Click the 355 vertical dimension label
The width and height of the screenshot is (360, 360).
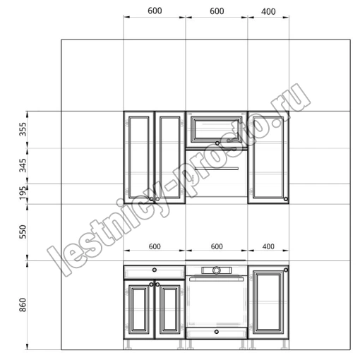(x=23, y=129)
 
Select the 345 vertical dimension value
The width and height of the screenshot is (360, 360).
(x=23, y=165)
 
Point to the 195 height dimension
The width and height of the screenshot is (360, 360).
(x=23, y=193)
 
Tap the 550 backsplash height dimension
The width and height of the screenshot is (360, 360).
(x=23, y=232)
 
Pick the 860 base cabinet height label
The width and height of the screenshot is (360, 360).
(x=23, y=305)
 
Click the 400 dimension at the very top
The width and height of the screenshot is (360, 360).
(x=268, y=11)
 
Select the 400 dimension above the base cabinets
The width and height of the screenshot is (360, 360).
(x=268, y=246)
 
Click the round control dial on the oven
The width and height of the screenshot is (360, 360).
(x=216, y=270)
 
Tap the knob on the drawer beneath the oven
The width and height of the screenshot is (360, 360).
(x=217, y=332)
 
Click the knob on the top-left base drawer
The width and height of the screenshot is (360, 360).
(x=155, y=270)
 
